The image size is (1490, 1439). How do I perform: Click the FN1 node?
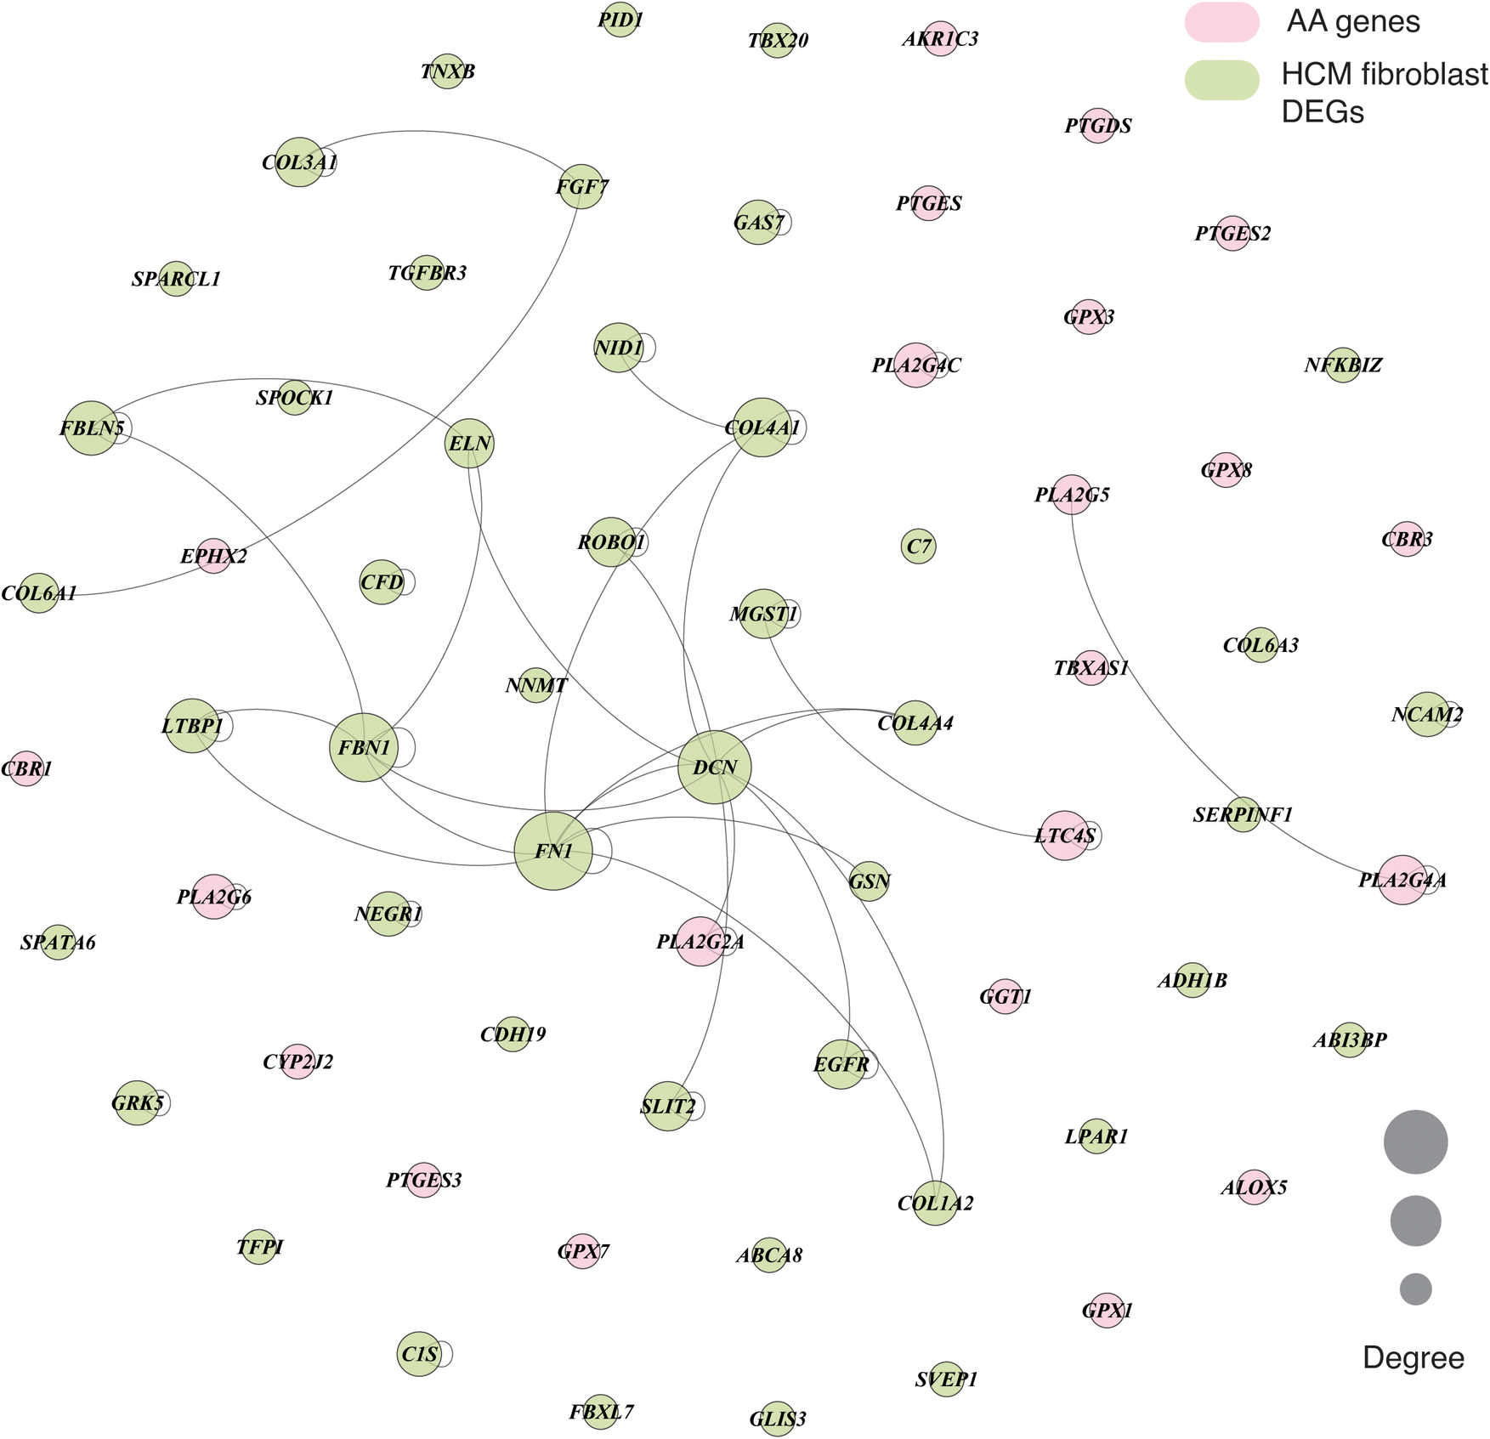(553, 851)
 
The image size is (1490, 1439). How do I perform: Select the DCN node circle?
(715, 768)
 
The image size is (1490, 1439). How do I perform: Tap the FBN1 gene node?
(364, 747)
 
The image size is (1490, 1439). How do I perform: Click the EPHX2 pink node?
(214, 556)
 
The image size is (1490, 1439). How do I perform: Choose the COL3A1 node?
(299, 162)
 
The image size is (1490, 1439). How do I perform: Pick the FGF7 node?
(581, 186)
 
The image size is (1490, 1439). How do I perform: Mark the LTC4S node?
(1064, 836)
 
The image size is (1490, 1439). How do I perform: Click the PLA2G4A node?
(1402, 880)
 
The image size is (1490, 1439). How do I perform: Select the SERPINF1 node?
(1243, 814)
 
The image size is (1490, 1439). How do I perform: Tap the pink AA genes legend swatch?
(1221, 22)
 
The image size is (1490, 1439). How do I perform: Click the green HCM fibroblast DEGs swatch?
(1221, 80)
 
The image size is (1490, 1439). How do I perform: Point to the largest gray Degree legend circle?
(1415, 1142)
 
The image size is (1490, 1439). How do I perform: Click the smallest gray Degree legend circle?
(1415, 1289)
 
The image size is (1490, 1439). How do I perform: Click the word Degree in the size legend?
(1413, 1357)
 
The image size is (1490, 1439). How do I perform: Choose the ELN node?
(469, 444)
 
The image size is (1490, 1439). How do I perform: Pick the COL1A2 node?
(935, 1203)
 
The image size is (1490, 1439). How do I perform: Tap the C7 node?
(918, 546)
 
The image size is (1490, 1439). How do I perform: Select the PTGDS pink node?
(1098, 126)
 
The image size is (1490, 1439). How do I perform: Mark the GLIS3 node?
(777, 1419)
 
